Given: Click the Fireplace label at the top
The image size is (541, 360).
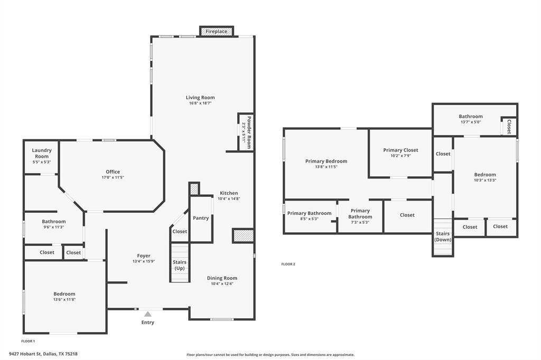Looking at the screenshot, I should pos(217,32).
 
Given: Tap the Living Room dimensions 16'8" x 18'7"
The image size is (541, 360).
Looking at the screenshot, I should pos(200,103).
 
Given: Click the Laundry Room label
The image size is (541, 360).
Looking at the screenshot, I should pos(42,153).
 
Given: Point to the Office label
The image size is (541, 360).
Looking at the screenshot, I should pos(113,172).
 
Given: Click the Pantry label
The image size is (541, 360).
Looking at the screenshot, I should pos(201,218).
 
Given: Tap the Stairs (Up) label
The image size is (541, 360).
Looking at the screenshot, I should pos(180,265).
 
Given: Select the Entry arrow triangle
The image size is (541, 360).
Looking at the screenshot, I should pos(148,314).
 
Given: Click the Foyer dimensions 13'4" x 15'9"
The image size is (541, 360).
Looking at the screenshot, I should pos(144,261).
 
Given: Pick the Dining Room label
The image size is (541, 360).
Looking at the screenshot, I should pos(222,278).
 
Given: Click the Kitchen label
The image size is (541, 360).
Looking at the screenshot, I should pos(229,193).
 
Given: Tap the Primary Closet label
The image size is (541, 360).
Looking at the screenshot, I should pos(400,150).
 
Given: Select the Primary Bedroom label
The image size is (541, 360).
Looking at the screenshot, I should pos(326,161).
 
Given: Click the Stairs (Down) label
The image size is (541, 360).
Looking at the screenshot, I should pos(442,236).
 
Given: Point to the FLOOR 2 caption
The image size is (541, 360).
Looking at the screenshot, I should pos(288,264).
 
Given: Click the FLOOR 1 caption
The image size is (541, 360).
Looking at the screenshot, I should pos(29,341).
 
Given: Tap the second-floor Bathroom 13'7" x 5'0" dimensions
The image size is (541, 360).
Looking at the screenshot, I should pos(470,122).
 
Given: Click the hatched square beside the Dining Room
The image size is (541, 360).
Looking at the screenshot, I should pos(243,235).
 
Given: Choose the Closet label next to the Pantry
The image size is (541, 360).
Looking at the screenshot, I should pos(180,231).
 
